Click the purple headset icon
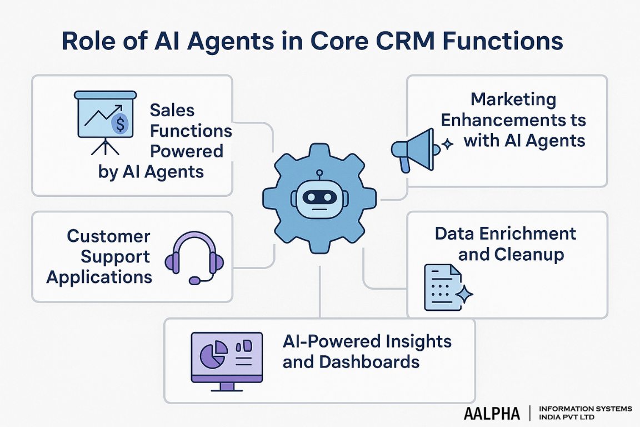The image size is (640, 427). [194, 257]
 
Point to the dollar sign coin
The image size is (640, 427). [119, 123]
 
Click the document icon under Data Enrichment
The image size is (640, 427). [443, 287]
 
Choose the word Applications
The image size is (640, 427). [99, 276]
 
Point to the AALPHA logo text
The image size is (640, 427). [492, 413]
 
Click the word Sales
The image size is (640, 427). [173, 110]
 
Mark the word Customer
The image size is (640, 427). [109, 236]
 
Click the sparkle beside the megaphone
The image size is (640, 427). [446, 145]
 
